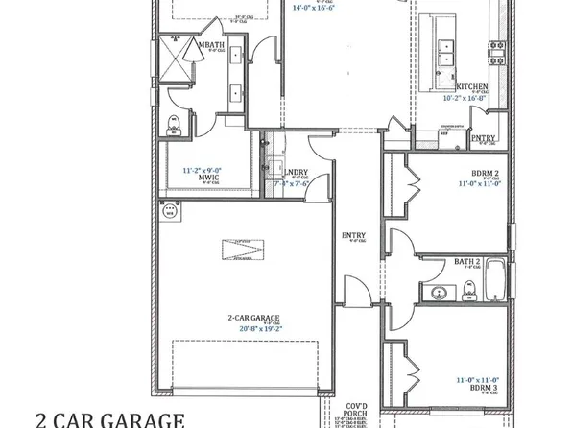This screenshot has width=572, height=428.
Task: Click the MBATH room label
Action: (211, 44)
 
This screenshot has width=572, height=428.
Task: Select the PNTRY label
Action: (484, 137)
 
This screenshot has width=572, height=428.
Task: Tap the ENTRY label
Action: (354, 234)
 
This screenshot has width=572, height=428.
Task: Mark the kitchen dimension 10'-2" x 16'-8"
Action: (465, 98)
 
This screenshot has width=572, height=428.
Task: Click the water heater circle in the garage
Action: (170, 210)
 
